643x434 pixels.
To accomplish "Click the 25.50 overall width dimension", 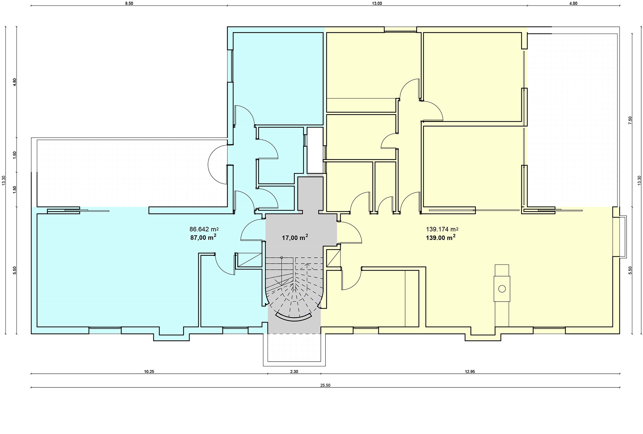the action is point(325,385).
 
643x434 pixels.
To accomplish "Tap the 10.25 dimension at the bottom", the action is point(149,371).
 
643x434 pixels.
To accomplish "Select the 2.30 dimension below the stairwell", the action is point(294,371).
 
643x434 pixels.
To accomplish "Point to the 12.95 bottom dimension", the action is point(470,371).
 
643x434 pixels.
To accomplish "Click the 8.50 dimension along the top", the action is point(129,4).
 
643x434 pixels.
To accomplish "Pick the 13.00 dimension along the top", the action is point(377,4).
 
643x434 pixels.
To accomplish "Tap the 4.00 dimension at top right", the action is point(573,4).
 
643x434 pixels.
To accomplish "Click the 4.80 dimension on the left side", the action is point(14,82).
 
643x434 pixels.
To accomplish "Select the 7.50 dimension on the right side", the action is point(630,120).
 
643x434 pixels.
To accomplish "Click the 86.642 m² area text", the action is point(204,230).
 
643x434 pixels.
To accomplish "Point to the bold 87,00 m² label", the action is point(203,237).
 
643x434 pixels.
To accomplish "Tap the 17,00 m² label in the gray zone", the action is point(295,238).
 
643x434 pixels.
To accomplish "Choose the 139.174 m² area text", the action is point(442,230).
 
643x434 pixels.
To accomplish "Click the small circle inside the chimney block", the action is point(502,289).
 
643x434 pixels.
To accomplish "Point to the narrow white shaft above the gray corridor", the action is point(314,150).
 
